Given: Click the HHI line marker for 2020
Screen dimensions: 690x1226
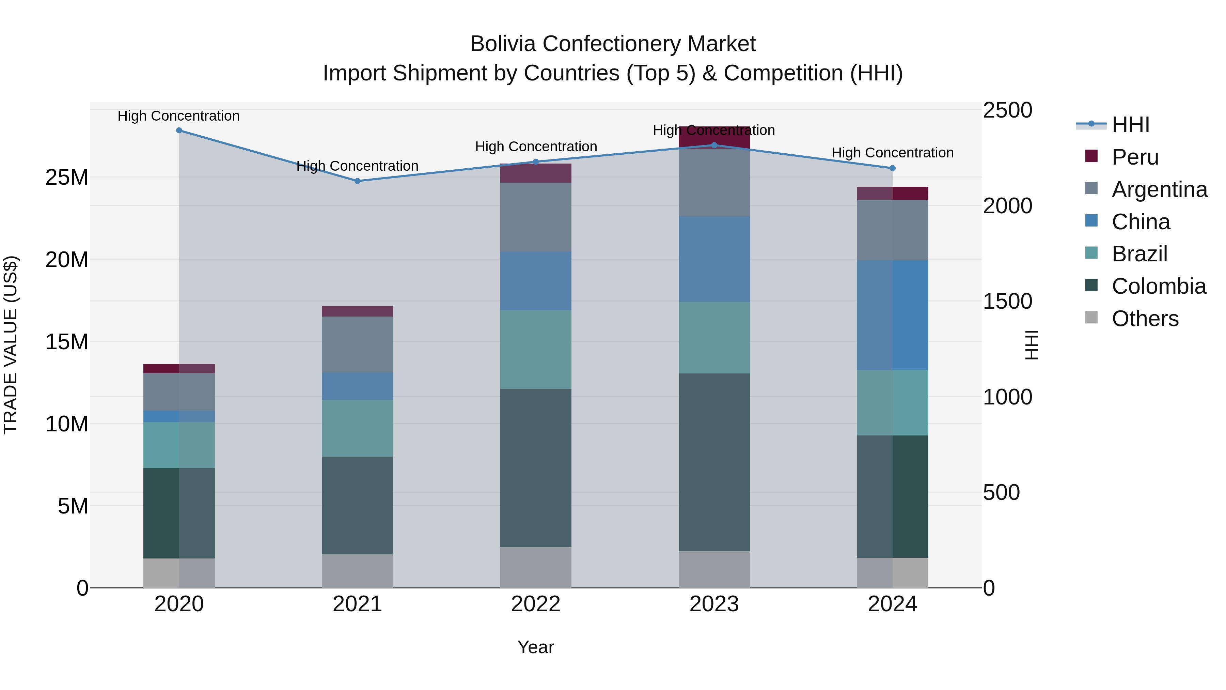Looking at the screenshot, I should (x=179, y=131).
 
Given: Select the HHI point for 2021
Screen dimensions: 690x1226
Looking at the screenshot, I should (x=358, y=181).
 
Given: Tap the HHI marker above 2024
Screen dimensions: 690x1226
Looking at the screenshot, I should (x=892, y=168).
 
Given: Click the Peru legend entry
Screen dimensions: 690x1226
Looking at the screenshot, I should (x=1135, y=157).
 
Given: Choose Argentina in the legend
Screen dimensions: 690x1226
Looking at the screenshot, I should (x=1159, y=189).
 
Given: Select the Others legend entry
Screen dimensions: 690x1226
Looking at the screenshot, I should (x=1145, y=319).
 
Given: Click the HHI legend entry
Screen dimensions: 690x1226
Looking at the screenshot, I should (x=1130, y=125).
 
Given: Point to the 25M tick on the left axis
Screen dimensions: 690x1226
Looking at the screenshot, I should (x=67, y=178).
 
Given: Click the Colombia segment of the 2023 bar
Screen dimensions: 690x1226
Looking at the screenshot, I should (x=714, y=462).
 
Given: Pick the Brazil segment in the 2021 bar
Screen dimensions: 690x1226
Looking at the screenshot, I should (x=358, y=428).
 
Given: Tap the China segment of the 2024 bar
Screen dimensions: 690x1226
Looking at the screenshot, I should (x=892, y=315).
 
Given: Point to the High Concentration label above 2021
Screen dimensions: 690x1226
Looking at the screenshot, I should (x=358, y=166).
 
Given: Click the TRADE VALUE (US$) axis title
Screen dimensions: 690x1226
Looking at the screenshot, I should (x=11, y=345).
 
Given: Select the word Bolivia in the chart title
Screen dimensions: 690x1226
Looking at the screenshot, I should (x=503, y=44).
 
